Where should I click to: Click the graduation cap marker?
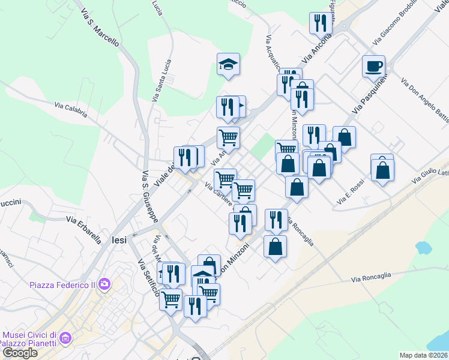228,64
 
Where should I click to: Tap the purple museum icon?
65,339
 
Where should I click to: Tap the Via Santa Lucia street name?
161,80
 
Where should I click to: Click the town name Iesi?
119,239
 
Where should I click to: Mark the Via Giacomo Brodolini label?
394,27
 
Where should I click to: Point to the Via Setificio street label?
148,278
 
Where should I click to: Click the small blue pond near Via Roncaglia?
423,247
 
